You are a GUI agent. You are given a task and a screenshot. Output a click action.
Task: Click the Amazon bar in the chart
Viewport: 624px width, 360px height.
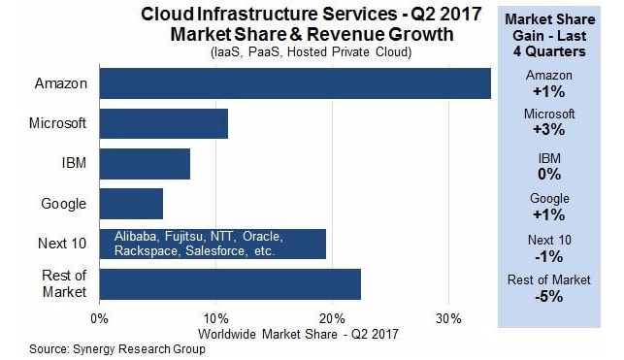pos(295,83)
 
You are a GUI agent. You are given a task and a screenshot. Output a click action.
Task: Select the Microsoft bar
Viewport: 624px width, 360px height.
pos(164,123)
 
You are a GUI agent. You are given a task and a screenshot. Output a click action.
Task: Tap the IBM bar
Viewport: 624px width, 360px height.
pos(145,164)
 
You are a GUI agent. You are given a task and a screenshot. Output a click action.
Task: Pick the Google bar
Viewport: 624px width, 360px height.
pos(131,204)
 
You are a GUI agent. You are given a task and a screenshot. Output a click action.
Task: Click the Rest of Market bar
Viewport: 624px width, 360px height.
pos(230,284)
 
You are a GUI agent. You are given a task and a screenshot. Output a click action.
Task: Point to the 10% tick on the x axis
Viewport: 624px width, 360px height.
pos(216,318)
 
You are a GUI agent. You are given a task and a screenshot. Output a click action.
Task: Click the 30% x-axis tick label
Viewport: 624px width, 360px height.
pos(449,318)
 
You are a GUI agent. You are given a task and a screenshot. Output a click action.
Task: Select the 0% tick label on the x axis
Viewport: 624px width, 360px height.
pos(100,318)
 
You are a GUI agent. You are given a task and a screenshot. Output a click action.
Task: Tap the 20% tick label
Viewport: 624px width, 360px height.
pos(332,318)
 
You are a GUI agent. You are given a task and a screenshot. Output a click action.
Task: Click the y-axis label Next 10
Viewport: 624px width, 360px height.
pos(62,244)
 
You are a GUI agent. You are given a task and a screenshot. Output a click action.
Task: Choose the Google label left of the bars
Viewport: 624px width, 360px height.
pos(64,204)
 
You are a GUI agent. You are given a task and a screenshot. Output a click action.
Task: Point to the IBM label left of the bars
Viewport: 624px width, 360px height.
pos(74,163)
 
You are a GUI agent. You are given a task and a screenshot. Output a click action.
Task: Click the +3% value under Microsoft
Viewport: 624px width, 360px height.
pos(549,130)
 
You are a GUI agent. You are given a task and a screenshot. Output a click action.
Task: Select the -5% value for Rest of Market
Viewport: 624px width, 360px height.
pos(549,296)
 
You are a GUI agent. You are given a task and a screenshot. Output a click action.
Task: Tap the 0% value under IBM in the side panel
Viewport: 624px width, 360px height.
pos(549,175)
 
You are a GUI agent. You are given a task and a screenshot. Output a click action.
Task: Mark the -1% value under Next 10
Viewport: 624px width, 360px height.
pos(549,256)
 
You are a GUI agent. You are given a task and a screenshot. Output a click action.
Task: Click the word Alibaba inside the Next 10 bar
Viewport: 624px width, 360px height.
pos(135,237)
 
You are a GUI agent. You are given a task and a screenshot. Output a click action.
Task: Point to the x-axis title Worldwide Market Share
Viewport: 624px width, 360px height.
pos(268,334)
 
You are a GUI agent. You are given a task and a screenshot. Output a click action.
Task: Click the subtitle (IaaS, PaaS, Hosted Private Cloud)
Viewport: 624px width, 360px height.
pos(311,52)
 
